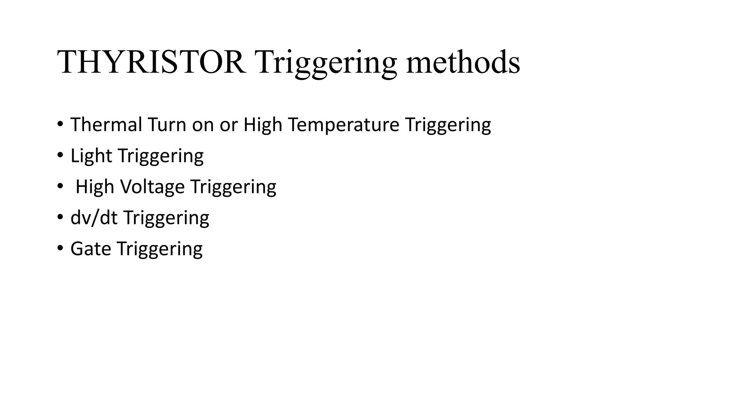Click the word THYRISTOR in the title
[x=152, y=62]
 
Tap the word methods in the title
[x=463, y=62]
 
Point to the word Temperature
[x=344, y=125]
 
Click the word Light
[x=91, y=156]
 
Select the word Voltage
[x=152, y=187]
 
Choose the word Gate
[x=91, y=249]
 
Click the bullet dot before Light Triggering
[x=60, y=156]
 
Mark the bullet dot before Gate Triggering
[x=60, y=249]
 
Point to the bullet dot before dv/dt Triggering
[x=60, y=218]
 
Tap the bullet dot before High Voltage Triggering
[x=60, y=187]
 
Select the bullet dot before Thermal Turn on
[x=60, y=125]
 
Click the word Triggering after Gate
[x=159, y=249]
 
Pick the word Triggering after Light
[x=161, y=156]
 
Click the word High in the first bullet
[x=263, y=125]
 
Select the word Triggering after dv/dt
[x=166, y=218]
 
